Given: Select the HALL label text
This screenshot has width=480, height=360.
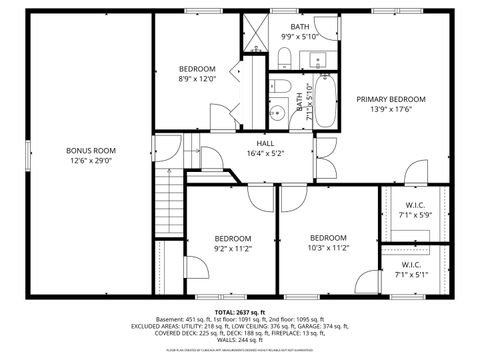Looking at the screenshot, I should [x=265, y=144].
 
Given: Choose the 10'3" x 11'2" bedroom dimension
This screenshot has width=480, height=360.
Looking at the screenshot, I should [x=328, y=248].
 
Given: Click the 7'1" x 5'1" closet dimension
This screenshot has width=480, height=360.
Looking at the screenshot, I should [x=410, y=275].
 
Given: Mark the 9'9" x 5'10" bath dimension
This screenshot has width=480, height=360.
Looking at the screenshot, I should [x=300, y=37].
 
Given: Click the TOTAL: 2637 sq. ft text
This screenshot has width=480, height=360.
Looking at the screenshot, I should [x=237, y=311].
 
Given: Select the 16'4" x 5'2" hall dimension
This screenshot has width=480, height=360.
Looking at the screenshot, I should [x=265, y=154].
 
